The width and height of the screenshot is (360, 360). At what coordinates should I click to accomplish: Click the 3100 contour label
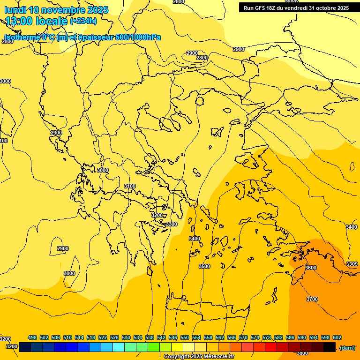130,186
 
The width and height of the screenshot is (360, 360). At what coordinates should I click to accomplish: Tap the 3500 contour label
204,266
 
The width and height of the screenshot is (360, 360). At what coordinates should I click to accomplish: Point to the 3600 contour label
311,268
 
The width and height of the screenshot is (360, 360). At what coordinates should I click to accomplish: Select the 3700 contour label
312,299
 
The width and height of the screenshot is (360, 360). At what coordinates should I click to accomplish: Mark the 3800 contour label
302,353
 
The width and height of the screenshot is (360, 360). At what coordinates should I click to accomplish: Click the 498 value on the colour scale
32,337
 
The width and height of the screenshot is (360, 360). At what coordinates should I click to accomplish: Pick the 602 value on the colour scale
337,337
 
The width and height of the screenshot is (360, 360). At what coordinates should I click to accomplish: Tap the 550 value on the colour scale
185,337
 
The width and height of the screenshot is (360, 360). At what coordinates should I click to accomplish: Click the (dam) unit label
347,347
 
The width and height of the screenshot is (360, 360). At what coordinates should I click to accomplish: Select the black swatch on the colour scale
330,347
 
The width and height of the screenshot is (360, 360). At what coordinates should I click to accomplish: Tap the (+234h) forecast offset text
83,20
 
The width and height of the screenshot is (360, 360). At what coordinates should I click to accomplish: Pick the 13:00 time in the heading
17,20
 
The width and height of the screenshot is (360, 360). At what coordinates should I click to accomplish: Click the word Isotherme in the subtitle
22,37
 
